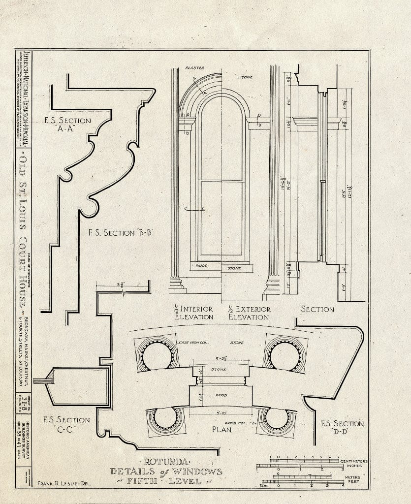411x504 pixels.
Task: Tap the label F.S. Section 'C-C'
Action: [x=66, y=426]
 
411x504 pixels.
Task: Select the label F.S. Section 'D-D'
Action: [x=342, y=428]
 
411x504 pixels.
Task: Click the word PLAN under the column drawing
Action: [x=221, y=429]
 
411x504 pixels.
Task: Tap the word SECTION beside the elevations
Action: [x=317, y=309]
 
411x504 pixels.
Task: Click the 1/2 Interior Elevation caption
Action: [x=192, y=313]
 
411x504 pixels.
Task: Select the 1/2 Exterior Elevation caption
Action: [x=249, y=313]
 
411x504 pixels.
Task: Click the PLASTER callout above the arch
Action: [x=195, y=67]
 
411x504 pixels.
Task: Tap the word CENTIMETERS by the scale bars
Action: [x=354, y=461]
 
